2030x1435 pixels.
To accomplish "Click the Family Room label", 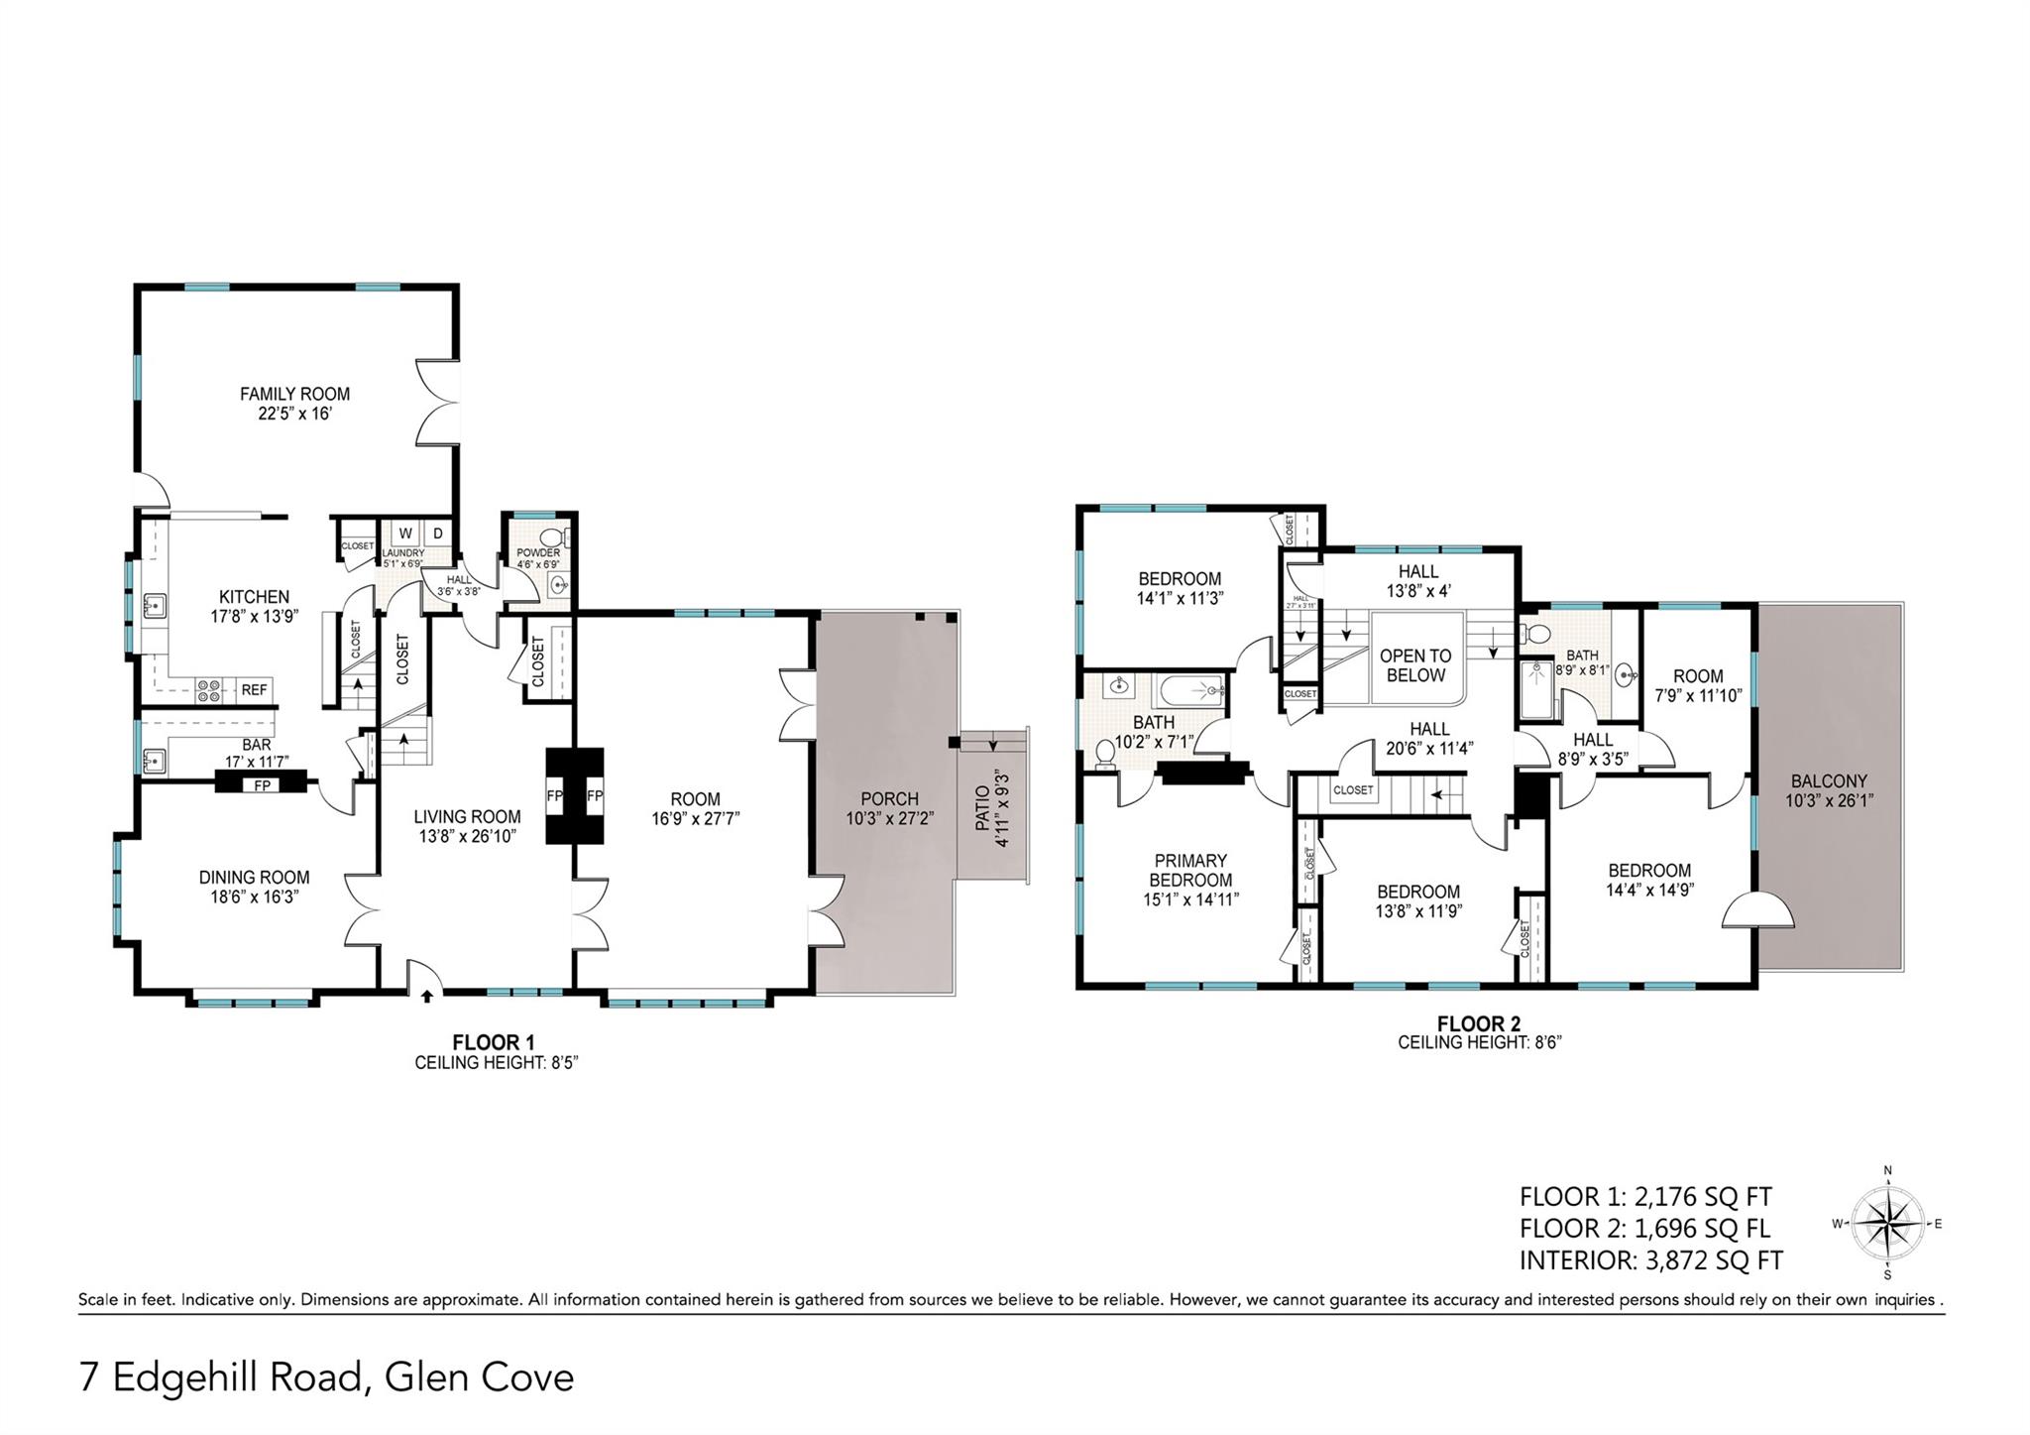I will (294, 394).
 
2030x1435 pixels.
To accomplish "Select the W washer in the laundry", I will (405, 534).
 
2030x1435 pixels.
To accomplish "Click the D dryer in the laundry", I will (437, 534).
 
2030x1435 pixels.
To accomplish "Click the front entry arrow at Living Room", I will (427, 995).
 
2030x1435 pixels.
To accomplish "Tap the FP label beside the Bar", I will (263, 785).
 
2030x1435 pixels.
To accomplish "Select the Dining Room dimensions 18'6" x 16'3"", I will (254, 897).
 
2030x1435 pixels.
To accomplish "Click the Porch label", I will (889, 799).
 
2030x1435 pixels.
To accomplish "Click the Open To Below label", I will (1415, 665).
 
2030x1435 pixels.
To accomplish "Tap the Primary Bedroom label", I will (1190, 870).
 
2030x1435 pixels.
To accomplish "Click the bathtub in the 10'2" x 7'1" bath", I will (1190, 690).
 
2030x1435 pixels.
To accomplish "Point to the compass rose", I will (1887, 1224).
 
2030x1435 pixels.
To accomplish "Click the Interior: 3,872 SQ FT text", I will (1650, 1260).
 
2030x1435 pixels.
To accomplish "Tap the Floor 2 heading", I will (1479, 1023).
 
